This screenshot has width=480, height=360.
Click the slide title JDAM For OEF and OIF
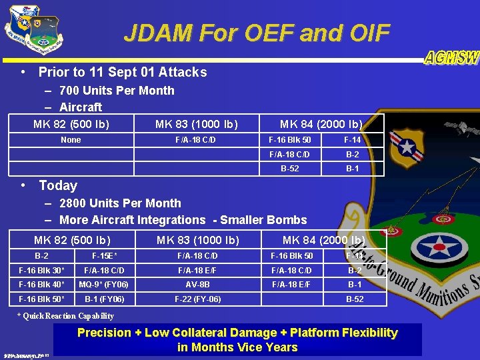pyautogui.click(x=257, y=33)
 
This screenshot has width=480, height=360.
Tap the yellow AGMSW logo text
pyautogui.click(x=451, y=58)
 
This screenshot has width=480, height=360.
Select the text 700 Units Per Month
pyautogui.click(x=117, y=91)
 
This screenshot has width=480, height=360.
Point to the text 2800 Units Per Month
pyautogui.click(x=120, y=203)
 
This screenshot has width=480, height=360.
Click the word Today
pyautogui.click(x=58, y=185)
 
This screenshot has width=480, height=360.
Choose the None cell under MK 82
pyautogui.click(x=71, y=140)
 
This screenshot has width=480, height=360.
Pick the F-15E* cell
pyautogui.click(x=105, y=256)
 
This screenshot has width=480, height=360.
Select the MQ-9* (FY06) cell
pyautogui.click(x=103, y=285)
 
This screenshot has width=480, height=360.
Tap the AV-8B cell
pyautogui.click(x=197, y=285)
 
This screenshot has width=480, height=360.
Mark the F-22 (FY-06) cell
pyautogui.click(x=197, y=299)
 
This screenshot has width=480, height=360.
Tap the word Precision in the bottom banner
pyautogui.click(x=104, y=333)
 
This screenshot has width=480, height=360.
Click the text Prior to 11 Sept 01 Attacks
pyautogui.click(x=123, y=72)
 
